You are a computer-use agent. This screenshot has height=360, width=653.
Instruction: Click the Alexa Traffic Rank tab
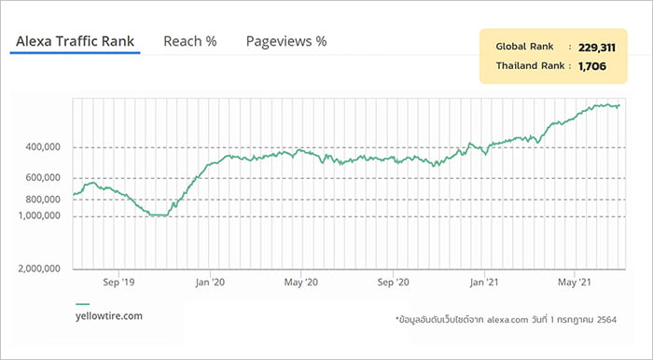75,41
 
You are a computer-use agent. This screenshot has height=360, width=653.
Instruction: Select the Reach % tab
190,41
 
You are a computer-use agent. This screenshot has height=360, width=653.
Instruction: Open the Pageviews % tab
286,41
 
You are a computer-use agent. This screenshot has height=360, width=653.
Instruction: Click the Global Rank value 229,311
596,48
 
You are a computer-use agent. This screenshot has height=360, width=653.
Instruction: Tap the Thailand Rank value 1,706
592,66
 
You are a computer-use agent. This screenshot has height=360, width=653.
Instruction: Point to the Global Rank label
524,47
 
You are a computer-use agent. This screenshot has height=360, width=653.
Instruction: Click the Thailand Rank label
530,66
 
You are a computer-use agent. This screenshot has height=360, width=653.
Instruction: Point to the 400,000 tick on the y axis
43,147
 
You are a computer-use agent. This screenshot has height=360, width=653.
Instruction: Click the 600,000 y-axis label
43,178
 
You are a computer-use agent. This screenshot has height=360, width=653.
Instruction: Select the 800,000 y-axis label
43,200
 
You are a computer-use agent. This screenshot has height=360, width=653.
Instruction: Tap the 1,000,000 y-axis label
39,215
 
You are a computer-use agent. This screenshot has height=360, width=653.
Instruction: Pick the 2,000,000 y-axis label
39,269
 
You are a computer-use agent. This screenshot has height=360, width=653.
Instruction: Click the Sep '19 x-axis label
118,283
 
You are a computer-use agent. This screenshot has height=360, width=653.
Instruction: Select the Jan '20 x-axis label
210,283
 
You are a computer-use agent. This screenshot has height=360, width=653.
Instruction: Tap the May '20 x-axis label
301,283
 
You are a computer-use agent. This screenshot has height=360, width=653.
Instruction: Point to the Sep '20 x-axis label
393,283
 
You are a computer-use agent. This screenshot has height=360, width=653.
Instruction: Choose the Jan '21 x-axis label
484,283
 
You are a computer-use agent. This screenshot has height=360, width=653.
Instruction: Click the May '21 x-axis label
575,283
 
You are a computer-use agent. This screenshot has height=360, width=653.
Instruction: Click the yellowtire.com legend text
109,316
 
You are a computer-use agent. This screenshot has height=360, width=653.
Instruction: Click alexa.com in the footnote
507,320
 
